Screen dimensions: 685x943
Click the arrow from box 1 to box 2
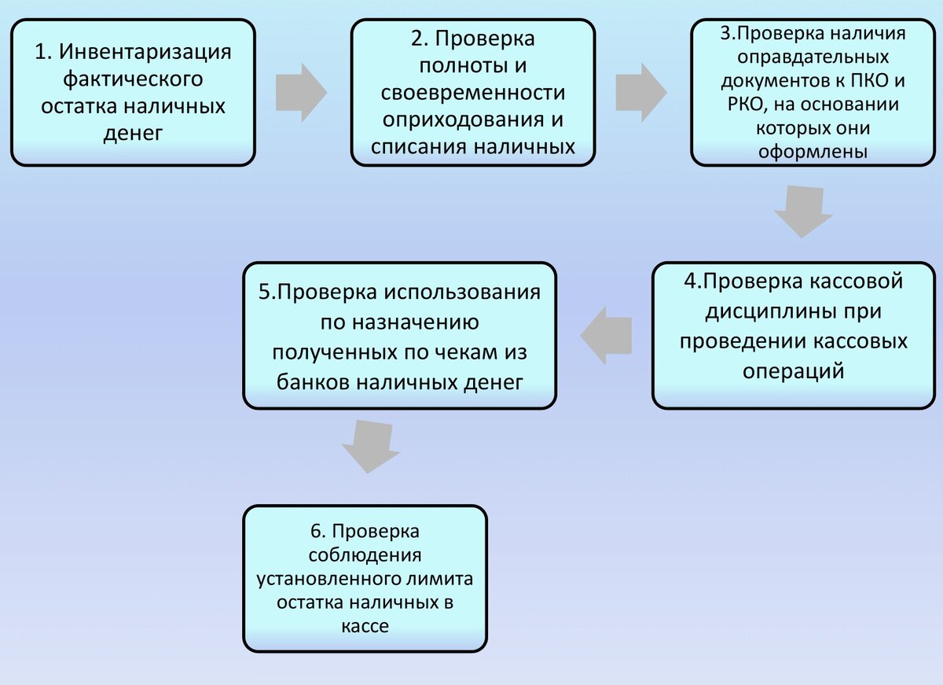pos(301,93)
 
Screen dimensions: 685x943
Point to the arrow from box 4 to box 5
pos(607,335)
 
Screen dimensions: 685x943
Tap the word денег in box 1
pos(133,133)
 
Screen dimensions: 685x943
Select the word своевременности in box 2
pos(473,92)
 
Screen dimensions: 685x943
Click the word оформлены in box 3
pos(813,152)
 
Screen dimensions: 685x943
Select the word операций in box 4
pos(794,370)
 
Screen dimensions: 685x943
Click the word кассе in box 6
pos(365,626)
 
